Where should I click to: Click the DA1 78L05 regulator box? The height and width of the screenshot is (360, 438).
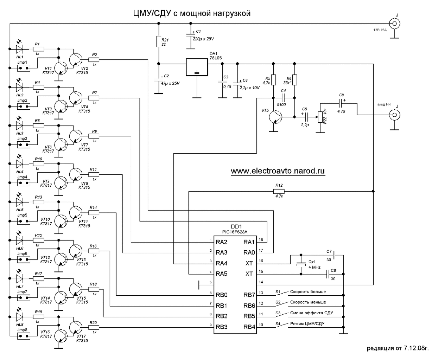(x=197, y=67)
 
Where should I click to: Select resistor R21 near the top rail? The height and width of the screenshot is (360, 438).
(x=159, y=41)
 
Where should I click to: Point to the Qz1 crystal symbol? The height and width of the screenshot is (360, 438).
(x=300, y=264)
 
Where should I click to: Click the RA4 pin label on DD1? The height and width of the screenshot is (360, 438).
(x=222, y=263)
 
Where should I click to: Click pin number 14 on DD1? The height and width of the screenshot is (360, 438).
(x=261, y=282)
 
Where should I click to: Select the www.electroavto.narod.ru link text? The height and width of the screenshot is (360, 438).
(x=278, y=171)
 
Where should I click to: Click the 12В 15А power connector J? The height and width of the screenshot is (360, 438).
(x=396, y=24)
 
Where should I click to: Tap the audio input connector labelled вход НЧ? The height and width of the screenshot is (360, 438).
(x=395, y=115)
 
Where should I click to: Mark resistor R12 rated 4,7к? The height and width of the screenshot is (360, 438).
(x=279, y=191)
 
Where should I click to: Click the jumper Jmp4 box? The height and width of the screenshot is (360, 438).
(x=23, y=183)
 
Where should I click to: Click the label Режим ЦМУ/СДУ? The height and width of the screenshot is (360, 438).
(x=307, y=323)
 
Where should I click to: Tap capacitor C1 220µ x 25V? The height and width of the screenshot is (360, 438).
(x=190, y=34)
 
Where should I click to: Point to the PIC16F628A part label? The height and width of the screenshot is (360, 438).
(x=235, y=232)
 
